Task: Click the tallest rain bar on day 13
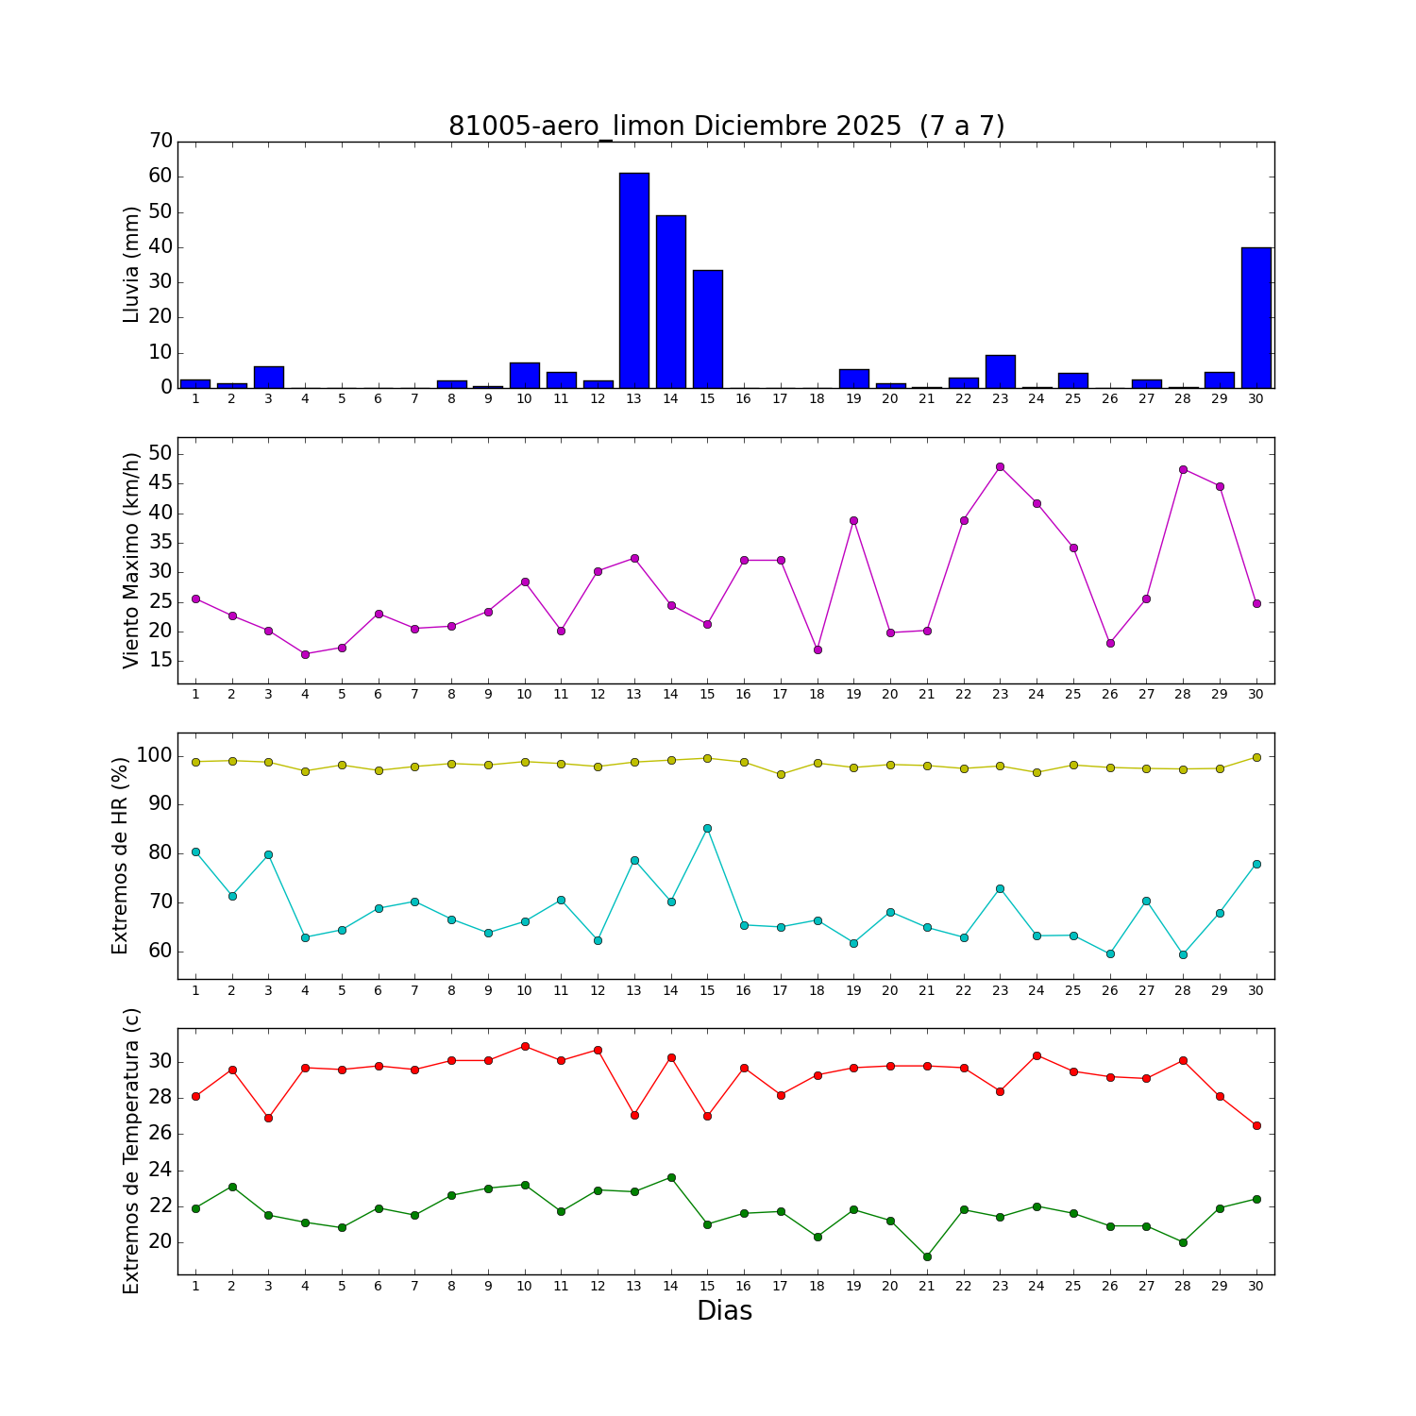pos(634,280)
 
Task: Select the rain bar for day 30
pos(1256,317)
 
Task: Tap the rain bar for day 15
pos(707,329)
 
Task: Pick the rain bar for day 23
pos(1000,371)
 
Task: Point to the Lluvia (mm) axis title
pos(131,264)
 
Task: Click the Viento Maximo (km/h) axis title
pos(131,560)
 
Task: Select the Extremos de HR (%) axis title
pos(120,855)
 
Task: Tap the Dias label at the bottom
pos(724,1311)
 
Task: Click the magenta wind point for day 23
pos(1000,466)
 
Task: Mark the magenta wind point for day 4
pos(305,654)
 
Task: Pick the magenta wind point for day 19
pos(853,520)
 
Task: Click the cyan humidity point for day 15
pos(707,828)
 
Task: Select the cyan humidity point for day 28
pos(1183,954)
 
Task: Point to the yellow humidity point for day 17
pos(781,774)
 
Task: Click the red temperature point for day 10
pos(524,1046)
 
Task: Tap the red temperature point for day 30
pos(1256,1125)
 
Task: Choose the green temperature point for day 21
pos(927,1256)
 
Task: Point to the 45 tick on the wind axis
pos(161,484)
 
